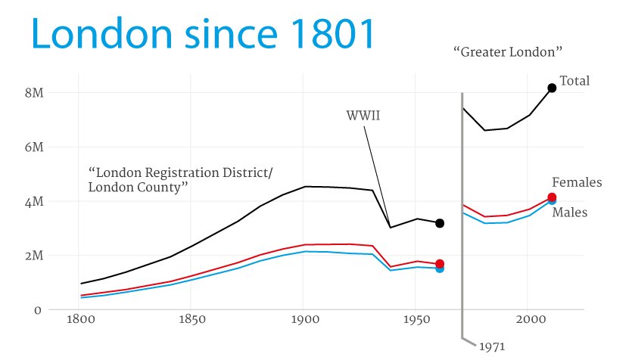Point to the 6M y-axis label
coord(35,147)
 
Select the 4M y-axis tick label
coord(35,201)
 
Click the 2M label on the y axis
coord(35,256)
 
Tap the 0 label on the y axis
coord(36,310)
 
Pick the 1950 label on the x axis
coord(416,320)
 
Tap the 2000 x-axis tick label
coord(529,320)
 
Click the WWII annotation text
coord(363,116)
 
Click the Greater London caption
coord(509,52)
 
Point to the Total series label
coord(574,81)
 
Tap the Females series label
coord(577,182)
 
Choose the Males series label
coord(570,213)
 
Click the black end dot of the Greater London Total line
coord(552,88)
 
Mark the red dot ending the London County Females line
coord(440,263)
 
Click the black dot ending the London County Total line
coord(439,223)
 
